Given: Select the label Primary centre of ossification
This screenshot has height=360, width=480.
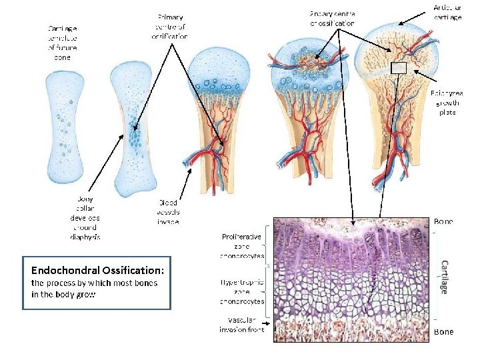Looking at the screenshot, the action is click(171, 26).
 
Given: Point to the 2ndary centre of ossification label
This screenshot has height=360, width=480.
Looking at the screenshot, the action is click(333, 18).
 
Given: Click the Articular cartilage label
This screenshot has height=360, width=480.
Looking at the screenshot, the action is click(447, 12).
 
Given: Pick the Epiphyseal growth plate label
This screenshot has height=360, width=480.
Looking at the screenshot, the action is click(446, 103).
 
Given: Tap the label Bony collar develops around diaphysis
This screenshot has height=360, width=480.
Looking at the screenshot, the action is click(85, 217).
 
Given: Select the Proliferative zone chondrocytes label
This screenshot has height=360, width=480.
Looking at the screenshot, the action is click(242, 245).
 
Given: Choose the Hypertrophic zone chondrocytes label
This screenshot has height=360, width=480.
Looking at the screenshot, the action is click(242, 291).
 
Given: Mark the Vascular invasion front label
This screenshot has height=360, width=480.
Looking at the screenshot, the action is click(242, 324).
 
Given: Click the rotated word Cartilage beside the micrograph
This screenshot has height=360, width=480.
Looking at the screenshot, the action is click(444, 276).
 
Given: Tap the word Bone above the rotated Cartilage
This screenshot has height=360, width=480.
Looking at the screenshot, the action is click(443, 221).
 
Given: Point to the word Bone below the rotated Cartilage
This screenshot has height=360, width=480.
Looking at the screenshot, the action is click(443, 331).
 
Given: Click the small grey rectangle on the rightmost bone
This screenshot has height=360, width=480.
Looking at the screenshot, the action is click(398, 67).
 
